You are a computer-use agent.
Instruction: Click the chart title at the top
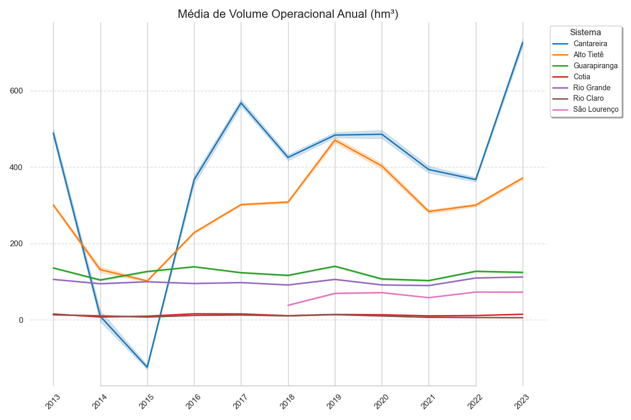288,14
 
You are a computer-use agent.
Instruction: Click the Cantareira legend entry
590,44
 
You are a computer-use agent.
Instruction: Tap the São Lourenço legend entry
596,110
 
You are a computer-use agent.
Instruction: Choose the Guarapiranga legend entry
595,66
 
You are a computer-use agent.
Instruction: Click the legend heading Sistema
585,32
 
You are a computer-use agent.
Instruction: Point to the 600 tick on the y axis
16,91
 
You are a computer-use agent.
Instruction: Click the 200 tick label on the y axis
16,244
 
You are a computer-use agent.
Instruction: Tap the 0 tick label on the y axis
21,320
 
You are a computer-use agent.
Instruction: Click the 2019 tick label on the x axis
332,402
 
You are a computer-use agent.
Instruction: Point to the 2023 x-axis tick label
520,402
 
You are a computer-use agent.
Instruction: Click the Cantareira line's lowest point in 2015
147,367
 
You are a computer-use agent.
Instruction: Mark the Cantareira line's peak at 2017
241,102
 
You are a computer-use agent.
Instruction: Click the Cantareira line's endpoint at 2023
523,42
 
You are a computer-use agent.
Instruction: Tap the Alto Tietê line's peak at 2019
335,140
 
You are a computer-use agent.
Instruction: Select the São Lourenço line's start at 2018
288,305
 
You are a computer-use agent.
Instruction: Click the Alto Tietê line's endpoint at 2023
523,178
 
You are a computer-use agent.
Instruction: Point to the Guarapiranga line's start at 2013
53,268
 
